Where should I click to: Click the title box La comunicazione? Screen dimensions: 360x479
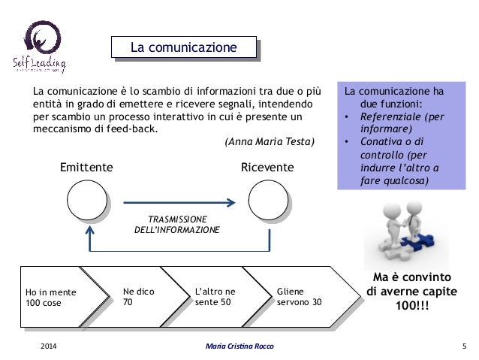point(184,48)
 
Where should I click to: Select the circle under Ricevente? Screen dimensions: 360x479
point(268,201)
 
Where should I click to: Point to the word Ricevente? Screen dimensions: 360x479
point(267,167)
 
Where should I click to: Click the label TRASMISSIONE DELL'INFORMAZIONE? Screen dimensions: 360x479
point(177,223)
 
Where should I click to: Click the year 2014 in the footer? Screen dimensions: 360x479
point(48,345)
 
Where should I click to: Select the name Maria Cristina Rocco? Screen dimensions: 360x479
point(239,345)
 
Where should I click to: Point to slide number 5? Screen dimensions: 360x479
point(464,345)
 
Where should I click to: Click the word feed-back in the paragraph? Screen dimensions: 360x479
point(134,128)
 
